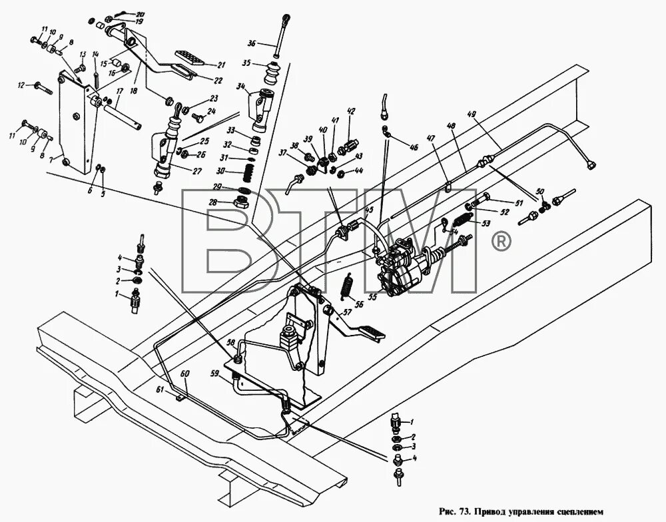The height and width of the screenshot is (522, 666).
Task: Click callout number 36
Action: [x=251, y=44]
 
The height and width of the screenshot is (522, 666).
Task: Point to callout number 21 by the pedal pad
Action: [x=220, y=65]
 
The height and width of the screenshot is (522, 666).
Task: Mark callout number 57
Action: [x=347, y=311]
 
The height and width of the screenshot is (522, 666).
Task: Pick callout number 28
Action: [x=214, y=202]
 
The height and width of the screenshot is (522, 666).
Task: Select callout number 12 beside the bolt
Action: [x=21, y=85]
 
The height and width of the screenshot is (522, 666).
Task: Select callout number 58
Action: [x=230, y=342]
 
